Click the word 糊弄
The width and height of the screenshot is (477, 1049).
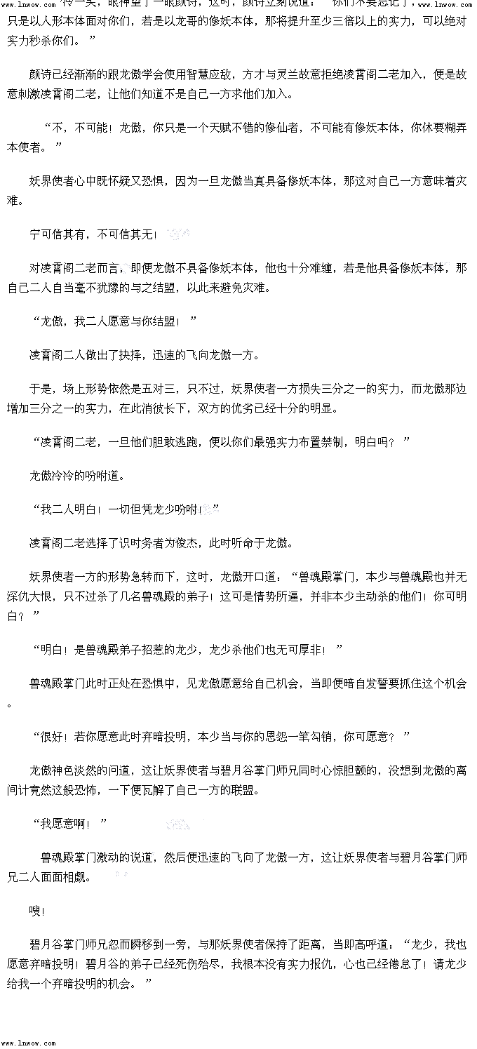click(x=449, y=128)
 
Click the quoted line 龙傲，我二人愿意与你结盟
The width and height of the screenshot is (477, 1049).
click(x=109, y=321)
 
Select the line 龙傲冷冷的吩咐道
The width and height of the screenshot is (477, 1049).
click(x=77, y=476)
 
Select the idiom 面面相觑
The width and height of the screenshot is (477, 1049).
click(x=68, y=877)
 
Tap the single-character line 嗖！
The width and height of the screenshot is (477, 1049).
click(x=37, y=911)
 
